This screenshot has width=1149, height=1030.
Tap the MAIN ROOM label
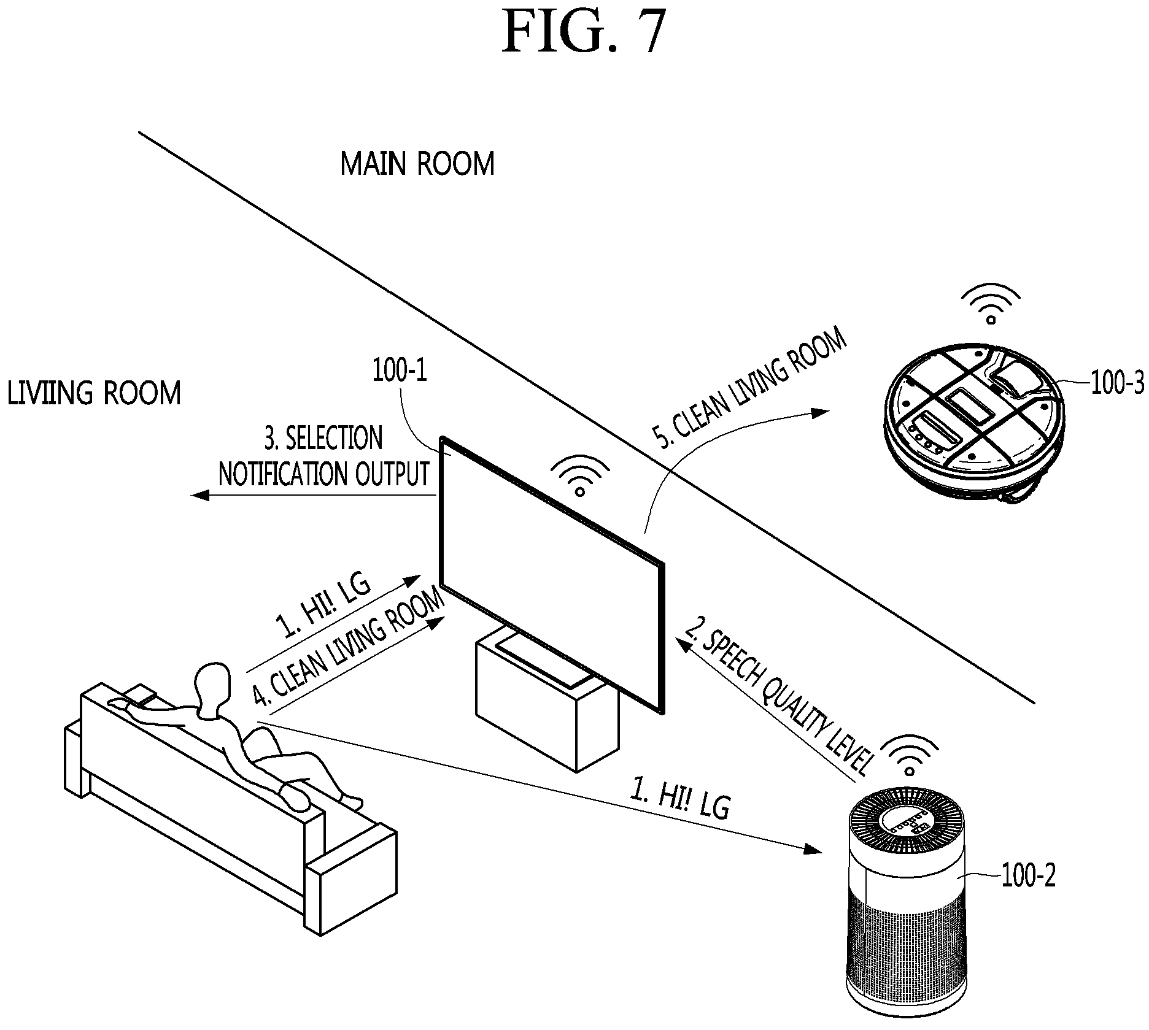pos(417,164)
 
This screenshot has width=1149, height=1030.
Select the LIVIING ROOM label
pos(95,393)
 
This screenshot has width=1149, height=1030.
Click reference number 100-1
pos(400,371)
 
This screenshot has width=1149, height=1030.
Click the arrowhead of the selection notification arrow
pos(201,494)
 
